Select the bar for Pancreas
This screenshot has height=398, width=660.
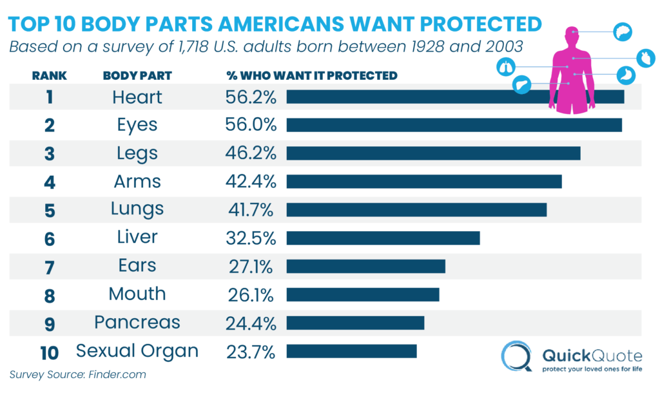click(355, 322)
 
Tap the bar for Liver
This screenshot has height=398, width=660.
click(383, 238)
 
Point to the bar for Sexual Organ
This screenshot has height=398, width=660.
click(351, 351)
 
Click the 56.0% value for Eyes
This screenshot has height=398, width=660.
click(251, 125)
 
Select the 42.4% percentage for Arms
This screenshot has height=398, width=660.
click(251, 182)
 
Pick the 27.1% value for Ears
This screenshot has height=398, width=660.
click(251, 266)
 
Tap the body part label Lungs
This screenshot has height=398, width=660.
click(137, 209)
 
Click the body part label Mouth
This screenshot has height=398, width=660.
click(137, 294)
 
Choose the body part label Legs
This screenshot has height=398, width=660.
click(137, 153)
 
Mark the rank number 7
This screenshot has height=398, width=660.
click(50, 267)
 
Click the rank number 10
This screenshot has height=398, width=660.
click(50, 352)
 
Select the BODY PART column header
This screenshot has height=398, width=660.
click(137, 76)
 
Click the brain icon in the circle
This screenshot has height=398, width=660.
click(622, 31)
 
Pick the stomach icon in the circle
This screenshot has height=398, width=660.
click(625, 75)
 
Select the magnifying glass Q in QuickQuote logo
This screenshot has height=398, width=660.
click(518, 356)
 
